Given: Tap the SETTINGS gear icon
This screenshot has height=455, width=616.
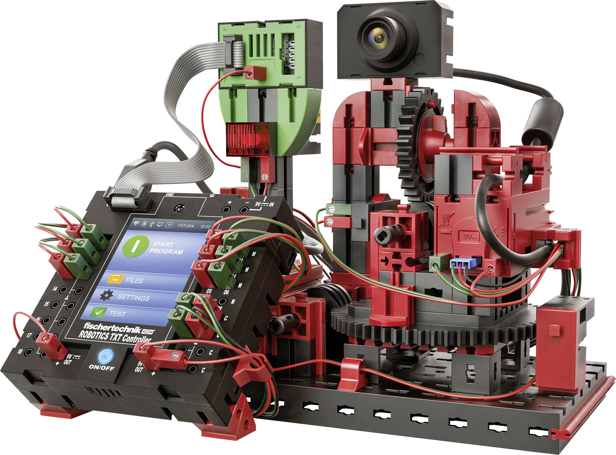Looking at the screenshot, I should (106, 295).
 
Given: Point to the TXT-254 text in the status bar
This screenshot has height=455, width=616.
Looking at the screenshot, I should (185, 226).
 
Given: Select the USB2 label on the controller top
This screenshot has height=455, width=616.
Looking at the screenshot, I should (170, 194).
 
